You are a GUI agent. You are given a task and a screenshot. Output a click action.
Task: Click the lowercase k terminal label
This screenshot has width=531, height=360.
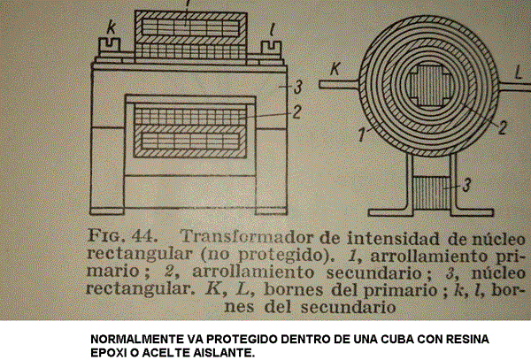click(x=112, y=27)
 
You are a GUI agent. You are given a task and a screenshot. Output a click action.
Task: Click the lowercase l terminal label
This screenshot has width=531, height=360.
click(x=272, y=31)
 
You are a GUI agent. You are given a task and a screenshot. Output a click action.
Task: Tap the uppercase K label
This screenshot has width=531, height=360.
click(x=335, y=69)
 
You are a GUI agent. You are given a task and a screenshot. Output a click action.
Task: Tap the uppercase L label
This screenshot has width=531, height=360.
click(x=518, y=72)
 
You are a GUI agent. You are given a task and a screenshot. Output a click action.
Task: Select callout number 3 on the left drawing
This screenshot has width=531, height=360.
click(x=297, y=87)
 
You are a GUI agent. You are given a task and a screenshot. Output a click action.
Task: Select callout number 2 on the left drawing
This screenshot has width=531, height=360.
click(x=296, y=112)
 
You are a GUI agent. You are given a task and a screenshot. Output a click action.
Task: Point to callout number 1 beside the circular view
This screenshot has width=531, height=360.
click(x=362, y=134)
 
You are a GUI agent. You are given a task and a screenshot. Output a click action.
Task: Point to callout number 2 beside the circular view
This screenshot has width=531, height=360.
click(x=503, y=127)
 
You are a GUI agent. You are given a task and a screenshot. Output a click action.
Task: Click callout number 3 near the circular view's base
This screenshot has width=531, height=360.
click(x=466, y=185)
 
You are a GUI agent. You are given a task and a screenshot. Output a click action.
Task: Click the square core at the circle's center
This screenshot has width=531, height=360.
click(x=429, y=86)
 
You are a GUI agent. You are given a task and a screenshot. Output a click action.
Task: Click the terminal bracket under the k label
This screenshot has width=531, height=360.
click(x=110, y=46)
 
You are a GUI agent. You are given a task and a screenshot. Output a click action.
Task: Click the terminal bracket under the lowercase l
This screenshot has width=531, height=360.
click(x=272, y=48)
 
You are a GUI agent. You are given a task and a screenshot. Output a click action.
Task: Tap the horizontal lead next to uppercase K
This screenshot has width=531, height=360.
click(x=339, y=84)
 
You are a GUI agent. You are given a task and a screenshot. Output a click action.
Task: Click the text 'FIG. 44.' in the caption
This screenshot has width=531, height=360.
click(x=122, y=236)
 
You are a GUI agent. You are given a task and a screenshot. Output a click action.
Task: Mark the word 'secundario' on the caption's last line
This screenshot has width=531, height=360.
click(x=348, y=307)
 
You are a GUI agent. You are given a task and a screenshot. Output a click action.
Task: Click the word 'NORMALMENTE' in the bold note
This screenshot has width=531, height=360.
click(x=137, y=339)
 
